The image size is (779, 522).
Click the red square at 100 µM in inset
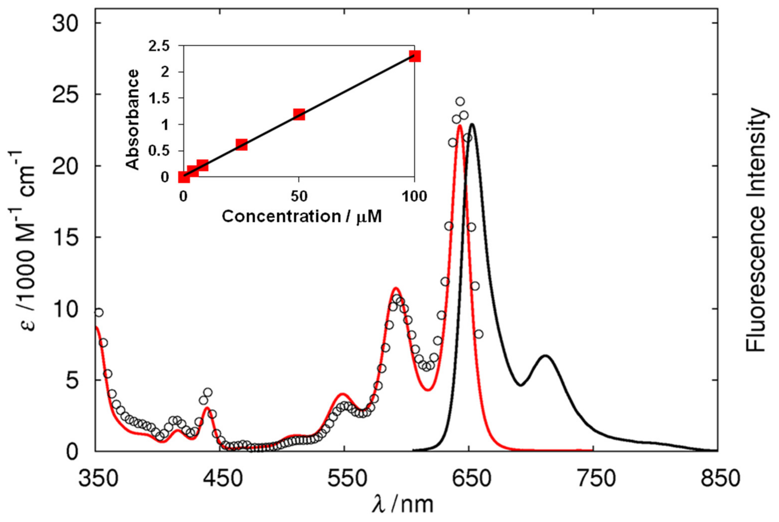coord(415,56)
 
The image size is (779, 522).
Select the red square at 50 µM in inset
coord(299,114)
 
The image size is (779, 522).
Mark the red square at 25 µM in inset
coord(241,145)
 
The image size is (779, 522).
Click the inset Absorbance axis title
coord(133,120)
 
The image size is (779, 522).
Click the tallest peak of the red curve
coord(460,125)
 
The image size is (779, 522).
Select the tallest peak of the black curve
coord(472,124)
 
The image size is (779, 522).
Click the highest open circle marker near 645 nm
coord(460,101)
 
